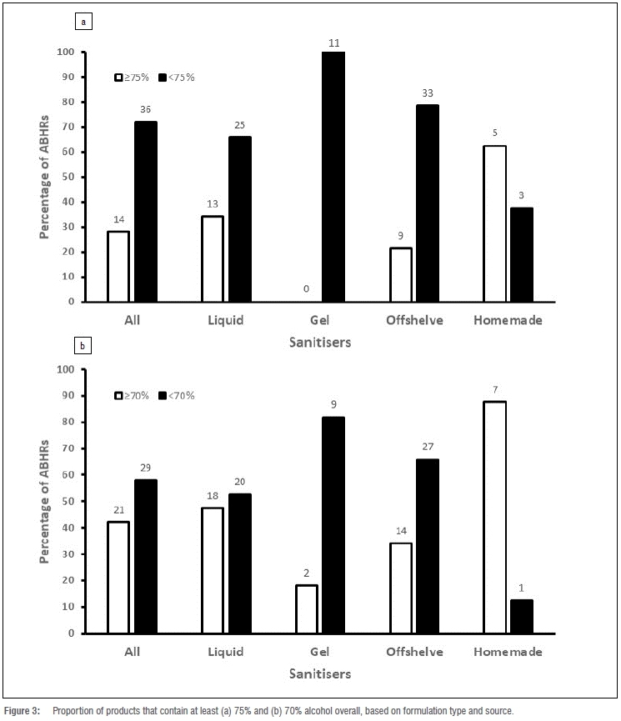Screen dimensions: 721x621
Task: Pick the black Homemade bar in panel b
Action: (x=522, y=616)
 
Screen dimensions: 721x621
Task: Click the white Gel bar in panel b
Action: (x=307, y=608)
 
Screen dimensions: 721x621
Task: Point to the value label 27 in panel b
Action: (x=428, y=446)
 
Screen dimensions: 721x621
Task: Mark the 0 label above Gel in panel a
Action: (x=307, y=288)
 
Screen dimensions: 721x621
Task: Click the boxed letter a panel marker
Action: (x=83, y=23)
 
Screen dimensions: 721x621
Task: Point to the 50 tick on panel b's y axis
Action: (x=68, y=501)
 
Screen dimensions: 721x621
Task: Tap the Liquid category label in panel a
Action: (x=224, y=319)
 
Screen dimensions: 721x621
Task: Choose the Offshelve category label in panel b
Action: (x=414, y=652)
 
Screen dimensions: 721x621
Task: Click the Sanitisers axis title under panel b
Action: (x=319, y=672)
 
